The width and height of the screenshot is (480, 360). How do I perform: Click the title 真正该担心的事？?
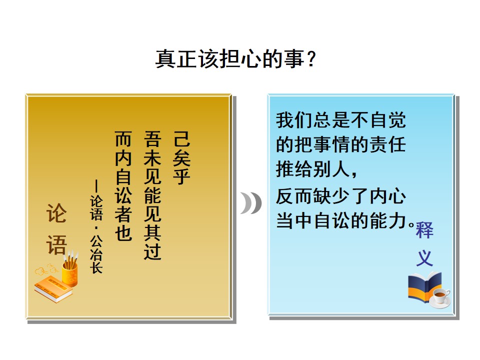click(235, 58)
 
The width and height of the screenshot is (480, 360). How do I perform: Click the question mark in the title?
click(311, 59)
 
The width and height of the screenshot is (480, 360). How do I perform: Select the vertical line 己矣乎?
click(182, 157)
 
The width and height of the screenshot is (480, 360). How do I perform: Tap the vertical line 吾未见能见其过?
click(152, 195)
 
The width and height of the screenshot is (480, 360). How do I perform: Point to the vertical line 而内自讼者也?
click(123, 185)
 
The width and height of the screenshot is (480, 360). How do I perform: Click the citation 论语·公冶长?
click(96, 226)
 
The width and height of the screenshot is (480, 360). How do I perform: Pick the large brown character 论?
click(56, 213)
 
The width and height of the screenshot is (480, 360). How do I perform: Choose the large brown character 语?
click(56, 245)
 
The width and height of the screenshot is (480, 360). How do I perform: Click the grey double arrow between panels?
click(250, 203)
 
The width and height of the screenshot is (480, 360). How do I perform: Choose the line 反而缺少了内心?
click(340, 196)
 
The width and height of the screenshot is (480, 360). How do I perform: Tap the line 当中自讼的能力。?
click(345, 220)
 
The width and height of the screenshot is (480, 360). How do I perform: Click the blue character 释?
click(424, 229)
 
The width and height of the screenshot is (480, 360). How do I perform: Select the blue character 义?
click(424, 258)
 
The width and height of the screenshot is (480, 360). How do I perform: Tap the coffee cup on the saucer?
click(440, 297)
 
